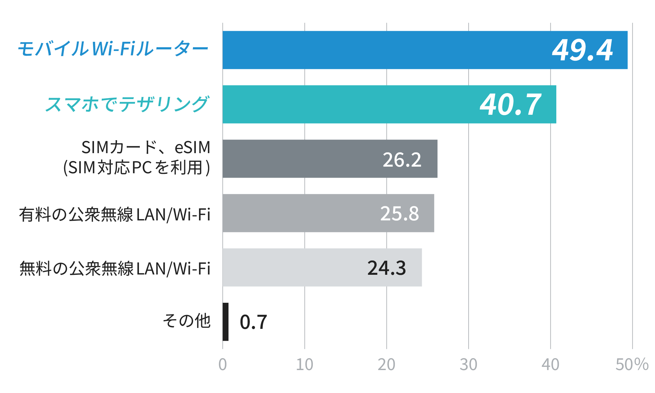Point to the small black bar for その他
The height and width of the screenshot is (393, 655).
click(x=225, y=322)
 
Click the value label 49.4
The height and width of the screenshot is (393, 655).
click(x=582, y=50)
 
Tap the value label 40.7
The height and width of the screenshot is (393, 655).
click(x=510, y=105)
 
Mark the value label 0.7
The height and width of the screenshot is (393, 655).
click(x=253, y=322)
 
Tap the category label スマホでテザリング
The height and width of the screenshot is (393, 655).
click(x=127, y=104)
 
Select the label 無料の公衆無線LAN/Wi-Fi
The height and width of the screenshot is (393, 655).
click(x=115, y=269)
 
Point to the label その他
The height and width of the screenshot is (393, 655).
click(x=187, y=321)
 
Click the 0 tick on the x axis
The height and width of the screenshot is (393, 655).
click(x=223, y=365)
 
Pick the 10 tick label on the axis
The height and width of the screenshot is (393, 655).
click(x=305, y=365)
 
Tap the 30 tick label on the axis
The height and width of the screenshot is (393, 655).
click(x=468, y=365)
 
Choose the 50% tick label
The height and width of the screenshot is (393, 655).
click(x=632, y=365)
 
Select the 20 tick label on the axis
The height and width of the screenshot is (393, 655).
click(x=387, y=365)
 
